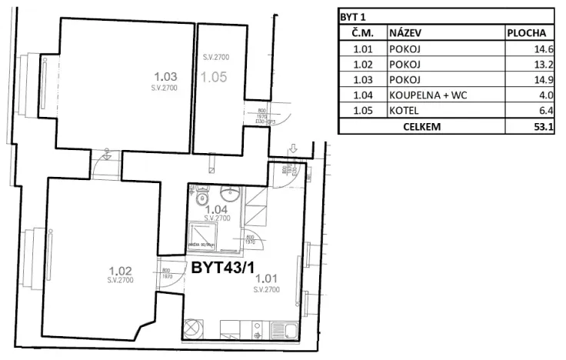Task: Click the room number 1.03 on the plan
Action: pyautogui.click(x=166, y=76)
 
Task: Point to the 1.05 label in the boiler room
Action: pyautogui.click(x=215, y=77)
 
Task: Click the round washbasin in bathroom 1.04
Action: pyautogui.click(x=228, y=194)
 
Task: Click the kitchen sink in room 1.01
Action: pyautogui.click(x=289, y=332)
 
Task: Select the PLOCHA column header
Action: pyautogui.click(x=527, y=33)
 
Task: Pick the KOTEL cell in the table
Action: pyautogui.click(x=405, y=111)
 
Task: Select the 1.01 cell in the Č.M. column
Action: pyautogui.click(x=363, y=48)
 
